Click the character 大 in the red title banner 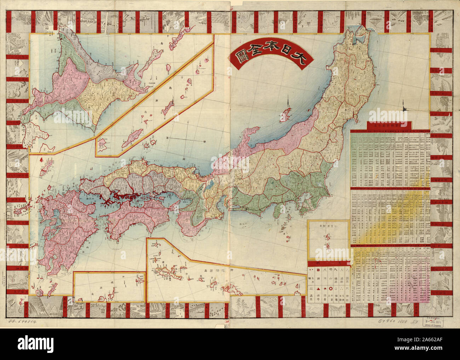[x=301, y=58]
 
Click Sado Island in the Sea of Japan [x=286, y=116]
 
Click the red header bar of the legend [x=329, y=263]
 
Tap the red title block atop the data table [x=389, y=126]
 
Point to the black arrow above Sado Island [x=289, y=103]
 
